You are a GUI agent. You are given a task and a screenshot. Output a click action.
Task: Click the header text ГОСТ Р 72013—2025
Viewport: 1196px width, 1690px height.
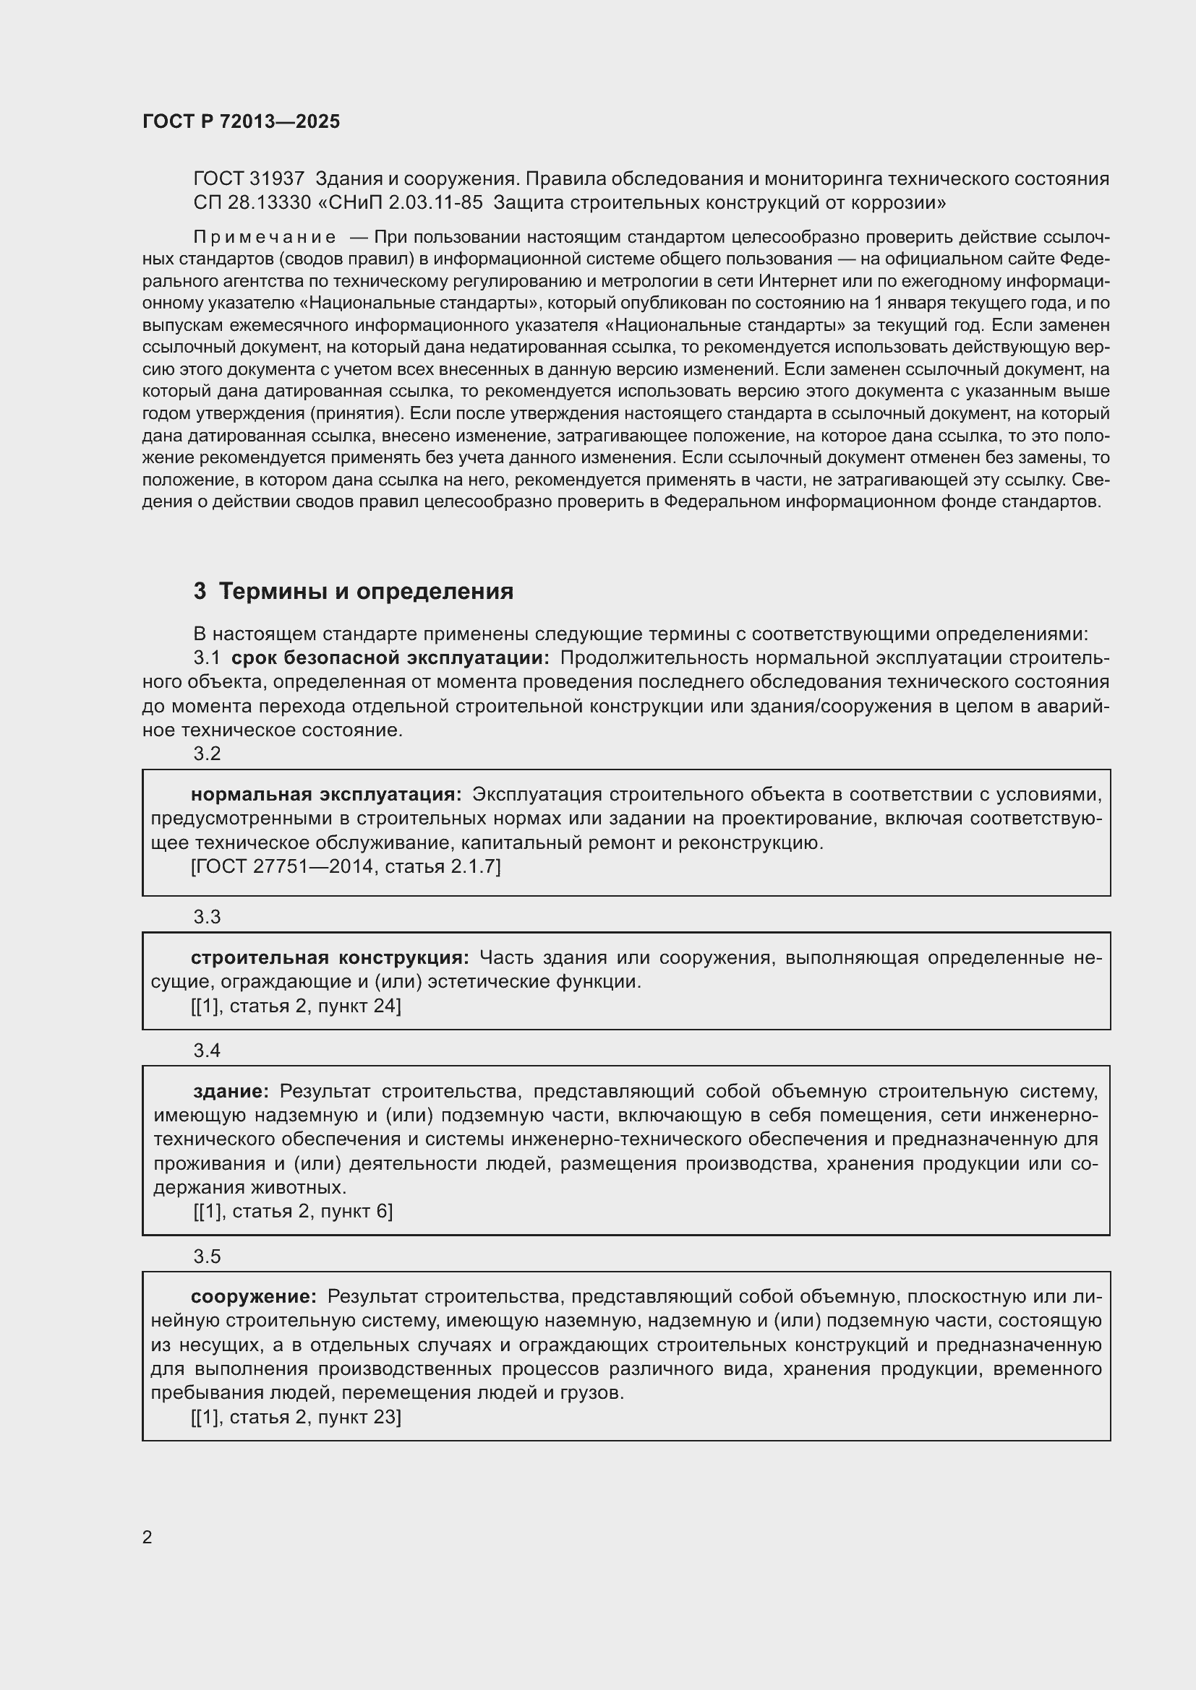[241, 121]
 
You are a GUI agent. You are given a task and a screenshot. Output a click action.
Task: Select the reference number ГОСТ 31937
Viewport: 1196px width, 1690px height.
[249, 179]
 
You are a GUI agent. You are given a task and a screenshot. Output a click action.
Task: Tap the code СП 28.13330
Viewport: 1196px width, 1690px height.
[252, 202]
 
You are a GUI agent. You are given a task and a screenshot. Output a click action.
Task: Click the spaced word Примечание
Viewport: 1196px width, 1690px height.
[265, 237]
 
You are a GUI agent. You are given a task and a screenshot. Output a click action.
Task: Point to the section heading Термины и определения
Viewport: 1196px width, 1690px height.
[366, 591]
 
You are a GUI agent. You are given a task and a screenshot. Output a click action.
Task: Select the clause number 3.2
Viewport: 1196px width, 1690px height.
[207, 753]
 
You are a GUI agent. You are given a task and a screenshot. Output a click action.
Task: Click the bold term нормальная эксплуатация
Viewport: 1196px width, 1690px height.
[325, 794]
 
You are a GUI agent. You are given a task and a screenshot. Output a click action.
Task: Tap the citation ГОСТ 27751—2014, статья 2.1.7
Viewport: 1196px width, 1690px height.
[346, 866]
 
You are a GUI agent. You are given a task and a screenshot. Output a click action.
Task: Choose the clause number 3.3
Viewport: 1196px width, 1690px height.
[207, 916]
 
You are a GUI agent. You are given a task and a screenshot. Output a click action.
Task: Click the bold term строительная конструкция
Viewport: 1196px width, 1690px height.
[329, 957]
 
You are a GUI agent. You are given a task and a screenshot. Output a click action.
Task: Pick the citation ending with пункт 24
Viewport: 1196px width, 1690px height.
[295, 1006]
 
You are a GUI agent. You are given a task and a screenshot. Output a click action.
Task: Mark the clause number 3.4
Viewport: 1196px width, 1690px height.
[207, 1051]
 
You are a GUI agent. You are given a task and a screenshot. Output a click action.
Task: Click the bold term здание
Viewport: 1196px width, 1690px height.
[231, 1091]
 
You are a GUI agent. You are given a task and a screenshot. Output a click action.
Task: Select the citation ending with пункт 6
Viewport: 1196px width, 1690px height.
[292, 1211]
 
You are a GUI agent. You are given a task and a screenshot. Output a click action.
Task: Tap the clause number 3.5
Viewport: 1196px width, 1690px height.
[207, 1256]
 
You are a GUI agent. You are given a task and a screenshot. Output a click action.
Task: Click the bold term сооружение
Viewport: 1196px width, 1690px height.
[253, 1296]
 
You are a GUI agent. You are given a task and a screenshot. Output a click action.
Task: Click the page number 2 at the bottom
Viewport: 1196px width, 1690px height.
[148, 1537]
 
